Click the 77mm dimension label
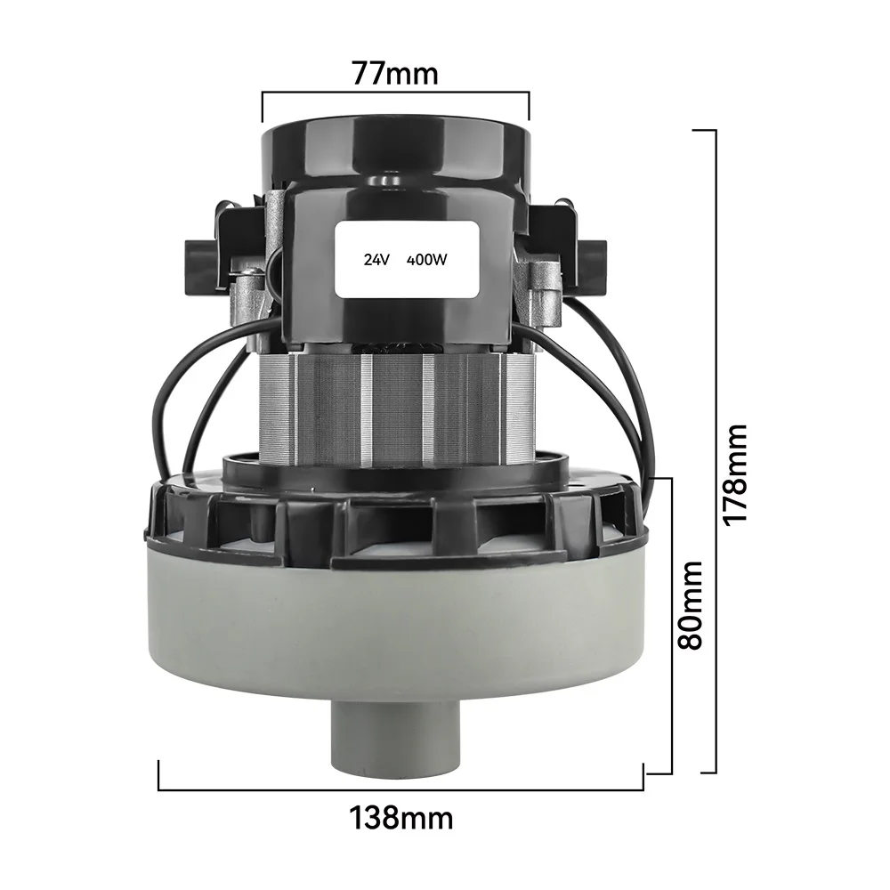[x=395, y=72]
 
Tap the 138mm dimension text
[x=400, y=816]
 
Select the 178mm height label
[x=735, y=473]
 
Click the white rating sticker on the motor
[x=406, y=259]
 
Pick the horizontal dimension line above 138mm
[x=400, y=789]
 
